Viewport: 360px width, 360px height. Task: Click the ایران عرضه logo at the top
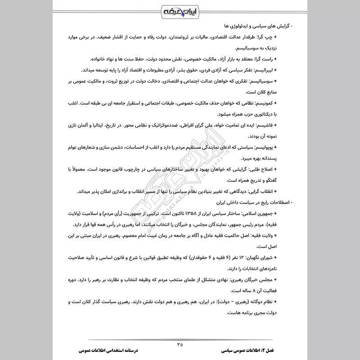point(180,10)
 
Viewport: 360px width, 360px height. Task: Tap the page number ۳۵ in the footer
point(180,345)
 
